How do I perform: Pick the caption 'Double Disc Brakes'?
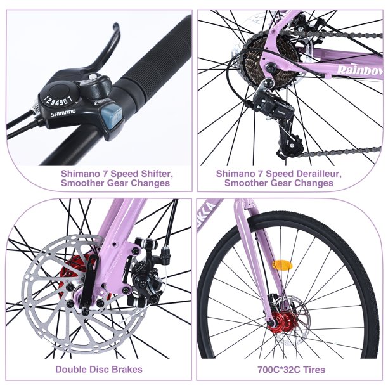pyautogui.click(x=98, y=369)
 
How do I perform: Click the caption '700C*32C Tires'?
pyautogui.click(x=291, y=369)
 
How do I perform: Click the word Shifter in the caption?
pyautogui.click(x=151, y=172)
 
